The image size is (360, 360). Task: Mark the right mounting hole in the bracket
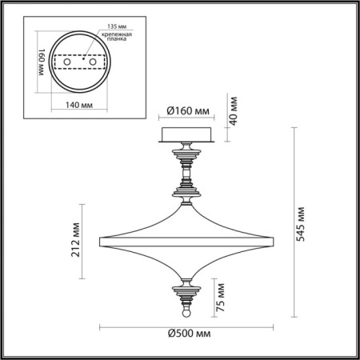point(94,62)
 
